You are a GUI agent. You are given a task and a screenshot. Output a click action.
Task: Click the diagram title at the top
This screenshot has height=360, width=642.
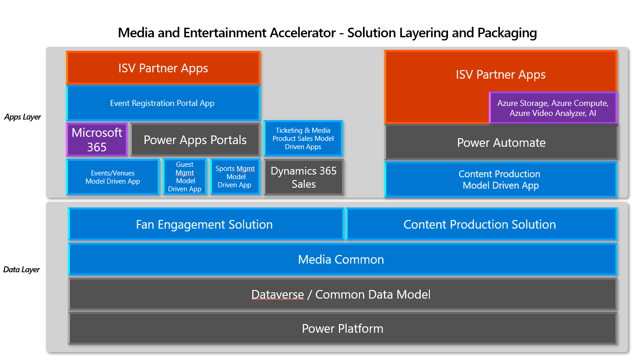[x=327, y=33]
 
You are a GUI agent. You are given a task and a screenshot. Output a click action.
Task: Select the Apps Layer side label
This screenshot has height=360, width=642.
[x=23, y=117]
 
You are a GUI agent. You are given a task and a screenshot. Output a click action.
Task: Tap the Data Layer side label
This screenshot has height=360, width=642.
[x=22, y=270]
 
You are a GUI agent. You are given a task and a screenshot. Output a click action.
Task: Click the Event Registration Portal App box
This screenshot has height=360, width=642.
[x=163, y=103]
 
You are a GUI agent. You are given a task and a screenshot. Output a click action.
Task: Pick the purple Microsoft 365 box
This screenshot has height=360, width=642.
[x=97, y=140]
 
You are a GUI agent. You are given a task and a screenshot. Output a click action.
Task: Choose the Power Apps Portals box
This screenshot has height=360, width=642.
[x=195, y=140]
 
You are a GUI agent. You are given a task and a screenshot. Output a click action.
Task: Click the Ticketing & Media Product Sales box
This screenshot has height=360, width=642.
[x=303, y=138]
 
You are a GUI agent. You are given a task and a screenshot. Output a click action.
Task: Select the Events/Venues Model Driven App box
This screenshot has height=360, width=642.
[x=113, y=177]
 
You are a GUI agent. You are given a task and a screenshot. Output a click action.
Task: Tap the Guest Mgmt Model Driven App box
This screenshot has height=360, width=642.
[x=184, y=177]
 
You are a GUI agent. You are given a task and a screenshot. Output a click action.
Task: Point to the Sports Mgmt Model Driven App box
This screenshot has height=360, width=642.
[x=235, y=177]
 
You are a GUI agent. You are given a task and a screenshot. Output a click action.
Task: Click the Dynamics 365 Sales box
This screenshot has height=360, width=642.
[x=304, y=177]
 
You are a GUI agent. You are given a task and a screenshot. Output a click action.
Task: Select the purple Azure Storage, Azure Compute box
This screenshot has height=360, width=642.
[x=552, y=108]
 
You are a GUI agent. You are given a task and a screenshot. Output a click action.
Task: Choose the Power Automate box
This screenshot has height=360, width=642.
[x=501, y=143]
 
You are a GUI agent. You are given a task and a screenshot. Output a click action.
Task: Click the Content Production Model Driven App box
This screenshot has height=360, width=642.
[x=500, y=180]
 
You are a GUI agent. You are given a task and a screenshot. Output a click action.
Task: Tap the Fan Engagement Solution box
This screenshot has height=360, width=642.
[x=204, y=224]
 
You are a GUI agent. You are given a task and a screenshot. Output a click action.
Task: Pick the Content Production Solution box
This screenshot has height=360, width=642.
[x=480, y=224]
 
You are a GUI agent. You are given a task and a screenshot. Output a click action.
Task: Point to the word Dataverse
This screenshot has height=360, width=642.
[x=278, y=295]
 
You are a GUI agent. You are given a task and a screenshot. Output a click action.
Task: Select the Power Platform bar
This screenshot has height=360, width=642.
[x=343, y=328]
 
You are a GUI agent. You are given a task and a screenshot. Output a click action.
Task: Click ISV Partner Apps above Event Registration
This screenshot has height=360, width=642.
[x=163, y=68]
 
